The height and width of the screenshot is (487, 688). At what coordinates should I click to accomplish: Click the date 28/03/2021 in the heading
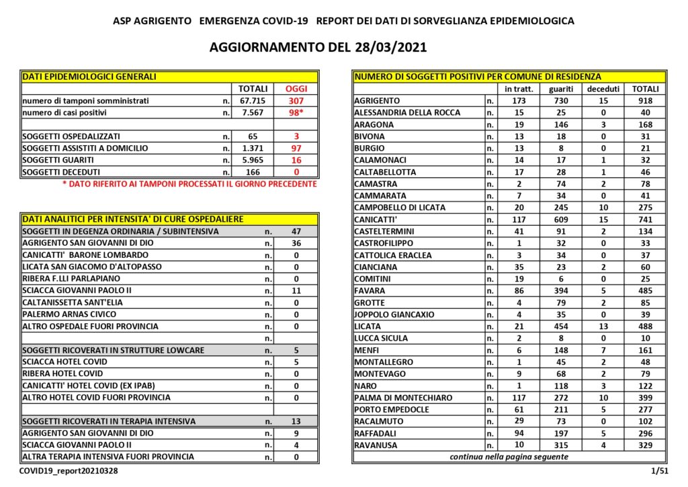(x=389, y=48)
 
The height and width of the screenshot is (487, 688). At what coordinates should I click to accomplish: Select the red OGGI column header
(x=296, y=89)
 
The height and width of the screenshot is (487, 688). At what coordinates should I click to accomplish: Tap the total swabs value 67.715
(x=253, y=101)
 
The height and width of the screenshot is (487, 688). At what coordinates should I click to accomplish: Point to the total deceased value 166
(x=253, y=172)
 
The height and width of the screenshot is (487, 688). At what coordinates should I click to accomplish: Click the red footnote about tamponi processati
(x=189, y=183)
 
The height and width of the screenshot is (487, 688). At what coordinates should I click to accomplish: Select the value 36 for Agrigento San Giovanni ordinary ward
(x=296, y=243)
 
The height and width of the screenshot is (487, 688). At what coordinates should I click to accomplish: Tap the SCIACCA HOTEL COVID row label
(x=64, y=362)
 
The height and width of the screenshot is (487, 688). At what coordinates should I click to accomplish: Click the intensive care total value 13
(x=296, y=422)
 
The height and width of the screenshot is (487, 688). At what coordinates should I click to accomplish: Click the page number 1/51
(x=659, y=472)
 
